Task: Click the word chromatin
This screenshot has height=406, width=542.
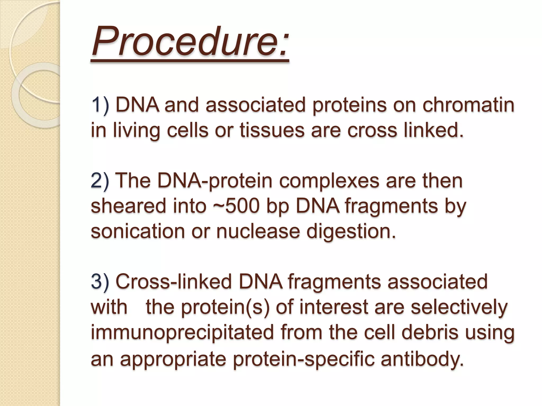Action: [x=468, y=105]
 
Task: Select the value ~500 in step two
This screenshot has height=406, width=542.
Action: [x=236, y=206]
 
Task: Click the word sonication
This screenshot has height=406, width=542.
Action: [x=138, y=231]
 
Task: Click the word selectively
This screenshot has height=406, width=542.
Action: [x=459, y=307]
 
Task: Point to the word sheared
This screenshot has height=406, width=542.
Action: [x=128, y=206]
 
